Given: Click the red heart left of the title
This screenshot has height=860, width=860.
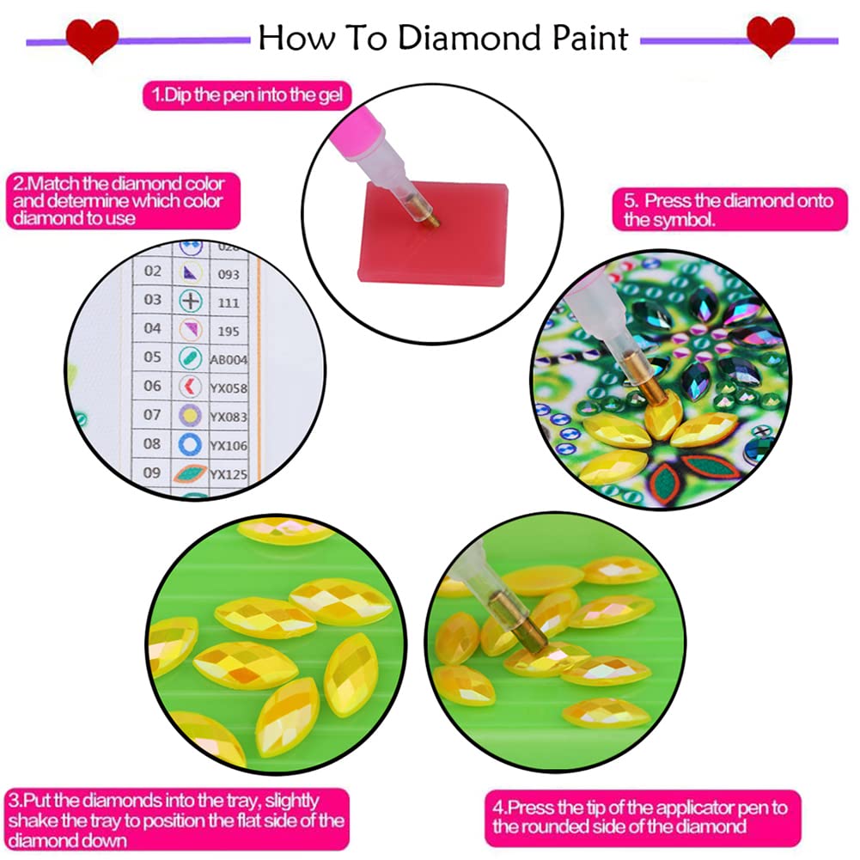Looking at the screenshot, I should coord(93,38).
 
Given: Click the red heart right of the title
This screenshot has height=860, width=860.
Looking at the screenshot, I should coord(771,36).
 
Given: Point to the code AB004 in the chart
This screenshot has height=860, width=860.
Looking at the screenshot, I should coord(227,358).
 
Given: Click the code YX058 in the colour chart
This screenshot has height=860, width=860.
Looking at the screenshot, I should coord(229,387).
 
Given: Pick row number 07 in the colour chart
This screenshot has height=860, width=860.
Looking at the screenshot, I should coord(152,415).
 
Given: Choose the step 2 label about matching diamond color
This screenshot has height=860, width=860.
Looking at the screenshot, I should coord(119,201).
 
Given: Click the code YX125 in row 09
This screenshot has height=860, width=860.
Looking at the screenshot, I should coord(229,474).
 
